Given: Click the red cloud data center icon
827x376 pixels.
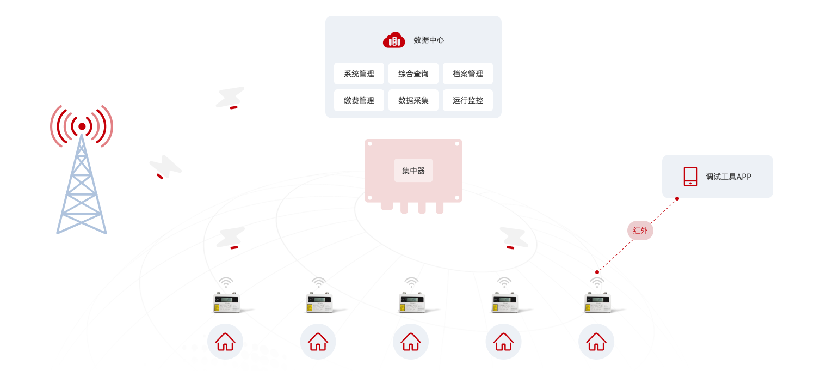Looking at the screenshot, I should pyautogui.click(x=394, y=40).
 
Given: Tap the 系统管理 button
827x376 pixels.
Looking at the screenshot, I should pyautogui.click(x=359, y=74).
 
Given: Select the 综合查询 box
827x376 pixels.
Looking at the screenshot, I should pyautogui.click(x=414, y=74).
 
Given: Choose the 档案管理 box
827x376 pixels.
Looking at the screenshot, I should pyautogui.click(x=468, y=74).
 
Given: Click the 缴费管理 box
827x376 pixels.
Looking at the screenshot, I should pyautogui.click(x=359, y=100).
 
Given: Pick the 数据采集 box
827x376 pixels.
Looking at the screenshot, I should pyautogui.click(x=414, y=100).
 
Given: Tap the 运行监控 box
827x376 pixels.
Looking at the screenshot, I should pyautogui.click(x=468, y=100).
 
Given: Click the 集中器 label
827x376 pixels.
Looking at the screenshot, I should pyautogui.click(x=414, y=171).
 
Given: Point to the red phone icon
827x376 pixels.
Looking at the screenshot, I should pyautogui.click(x=690, y=177).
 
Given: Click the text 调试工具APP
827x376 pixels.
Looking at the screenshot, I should pyautogui.click(x=729, y=177).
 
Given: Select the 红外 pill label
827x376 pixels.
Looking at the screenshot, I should pyautogui.click(x=640, y=231).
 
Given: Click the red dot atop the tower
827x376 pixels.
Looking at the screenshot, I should pyautogui.click(x=82, y=126).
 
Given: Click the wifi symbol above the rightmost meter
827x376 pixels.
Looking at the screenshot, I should pyautogui.click(x=597, y=283).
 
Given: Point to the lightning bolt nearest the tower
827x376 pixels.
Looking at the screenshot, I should pyautogui.click(x=165, y=167).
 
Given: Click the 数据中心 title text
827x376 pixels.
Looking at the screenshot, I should pyautogui.click(x=429, y=40).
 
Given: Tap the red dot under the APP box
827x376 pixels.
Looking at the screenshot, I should pyautogui.click(x=677, y=198).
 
